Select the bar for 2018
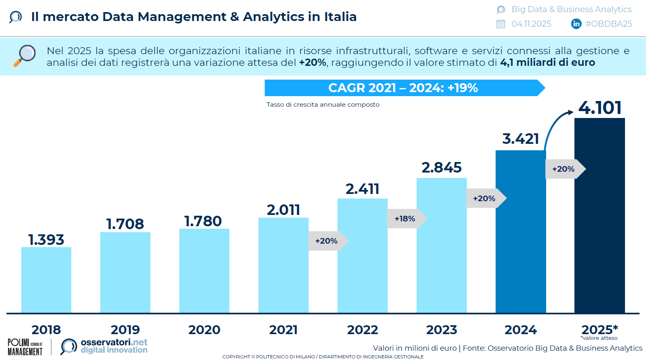click(46, 280)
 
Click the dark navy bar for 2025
click(600, 215)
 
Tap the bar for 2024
click(521, 231)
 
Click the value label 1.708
click(125, 224)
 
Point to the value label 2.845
click(441, 167)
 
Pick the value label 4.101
click(600, 108)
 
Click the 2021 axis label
click(283, 330)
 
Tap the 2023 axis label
click(441, 330)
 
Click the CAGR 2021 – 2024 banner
click(403, 88)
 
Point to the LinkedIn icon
click(576, 24)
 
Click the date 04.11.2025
click(531, 24)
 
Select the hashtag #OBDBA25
click(608, 24)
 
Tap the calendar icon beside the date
click(501, 24)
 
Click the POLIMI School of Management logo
click(25, 347)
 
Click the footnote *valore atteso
click(599, 338)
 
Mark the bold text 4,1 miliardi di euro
click(547, 63)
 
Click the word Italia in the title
click(340, 17)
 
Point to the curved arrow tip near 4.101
click(571, 112)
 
